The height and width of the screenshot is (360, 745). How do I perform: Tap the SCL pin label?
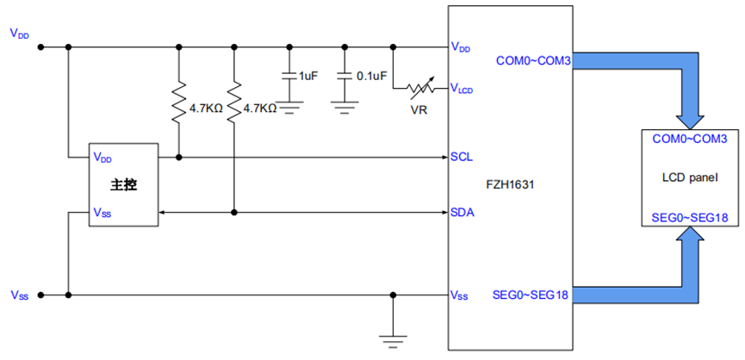tap(461, 157)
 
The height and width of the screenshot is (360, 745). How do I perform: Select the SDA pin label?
tap(462, 212)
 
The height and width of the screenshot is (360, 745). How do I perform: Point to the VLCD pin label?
tap(462, 88)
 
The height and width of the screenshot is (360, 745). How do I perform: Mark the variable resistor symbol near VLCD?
tap(421, 89)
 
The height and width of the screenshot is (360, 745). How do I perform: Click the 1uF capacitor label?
tap(307, 77)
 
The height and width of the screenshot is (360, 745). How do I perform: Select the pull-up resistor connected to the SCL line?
tap(178, 101)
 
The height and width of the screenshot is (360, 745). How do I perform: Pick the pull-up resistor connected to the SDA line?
tap(234, 101)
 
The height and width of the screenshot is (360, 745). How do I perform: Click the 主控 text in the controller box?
tap(124, 184)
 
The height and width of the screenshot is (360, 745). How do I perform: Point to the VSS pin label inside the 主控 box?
tap(102, 212)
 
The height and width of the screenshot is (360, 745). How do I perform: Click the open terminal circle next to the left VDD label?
tap(40, 47)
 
